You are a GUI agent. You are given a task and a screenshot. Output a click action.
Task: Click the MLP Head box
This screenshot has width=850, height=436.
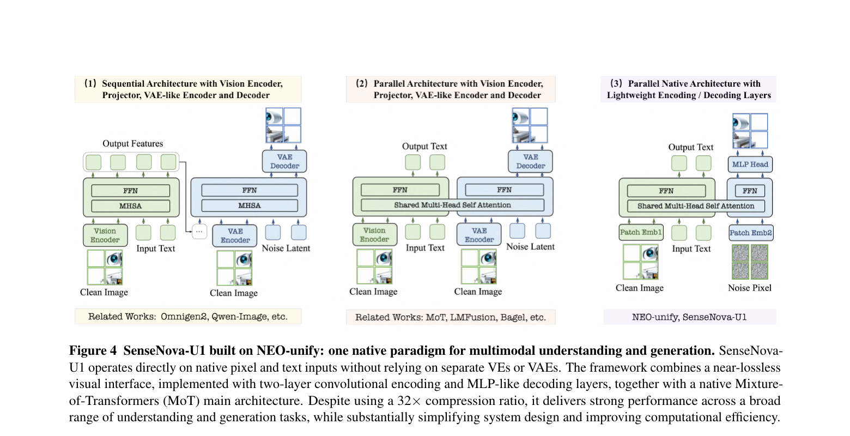pyautogui.click(x=750, y=164)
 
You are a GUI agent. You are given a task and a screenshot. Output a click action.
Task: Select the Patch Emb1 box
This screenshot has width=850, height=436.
pyautogui.click(x=641, y=232)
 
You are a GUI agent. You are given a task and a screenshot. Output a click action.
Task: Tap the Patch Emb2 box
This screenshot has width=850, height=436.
pyautogui.click(x=751, y=233)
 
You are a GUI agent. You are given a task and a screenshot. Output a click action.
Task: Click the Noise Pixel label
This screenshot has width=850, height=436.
pyautogui.click(x=749, y=288)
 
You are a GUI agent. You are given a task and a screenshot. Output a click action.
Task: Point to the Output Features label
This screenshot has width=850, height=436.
pyautogui.click(x=132, y=143)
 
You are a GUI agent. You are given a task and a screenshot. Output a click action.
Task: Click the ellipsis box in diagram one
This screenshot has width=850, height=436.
pyautogui.click(x=199, y=231)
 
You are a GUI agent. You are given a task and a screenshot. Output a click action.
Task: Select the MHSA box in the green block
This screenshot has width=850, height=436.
pyautogui.click(x=131, y=205)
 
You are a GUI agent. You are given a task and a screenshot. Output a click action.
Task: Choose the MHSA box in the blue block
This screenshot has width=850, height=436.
pyautogui.click(x=250, y=205)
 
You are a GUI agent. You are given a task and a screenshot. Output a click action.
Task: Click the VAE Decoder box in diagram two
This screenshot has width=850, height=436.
pyautogui.click(x=530, y=161)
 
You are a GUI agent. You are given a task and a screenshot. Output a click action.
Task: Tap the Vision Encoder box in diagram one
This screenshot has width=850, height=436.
pyautogui.click(x=105, y=235)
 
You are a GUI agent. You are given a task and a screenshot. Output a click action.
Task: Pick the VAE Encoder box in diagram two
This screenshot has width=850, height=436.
pyautogui.click(x=479, y=235)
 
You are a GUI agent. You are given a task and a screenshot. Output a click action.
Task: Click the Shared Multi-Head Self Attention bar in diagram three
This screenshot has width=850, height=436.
pyautogui.click(x=696, y=205)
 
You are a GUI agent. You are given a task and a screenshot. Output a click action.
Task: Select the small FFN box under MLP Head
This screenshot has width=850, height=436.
pyautogui.click(x=749, y=191)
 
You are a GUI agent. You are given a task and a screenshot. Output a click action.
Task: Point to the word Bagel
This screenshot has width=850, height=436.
pyautogui.click(x=512, y=317)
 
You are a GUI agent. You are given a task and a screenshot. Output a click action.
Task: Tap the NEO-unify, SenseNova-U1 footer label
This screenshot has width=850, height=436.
pyautogui.click(x=689, y=317)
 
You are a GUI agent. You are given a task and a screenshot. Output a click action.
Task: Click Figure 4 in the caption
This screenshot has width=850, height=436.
pyautogui.click(x=93, y=350)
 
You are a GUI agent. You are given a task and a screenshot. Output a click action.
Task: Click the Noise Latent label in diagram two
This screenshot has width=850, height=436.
pyautogui.click(x=530, y=247)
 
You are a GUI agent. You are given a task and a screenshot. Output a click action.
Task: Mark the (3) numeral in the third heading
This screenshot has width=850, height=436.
pyautogui.click(x=616, y=83)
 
